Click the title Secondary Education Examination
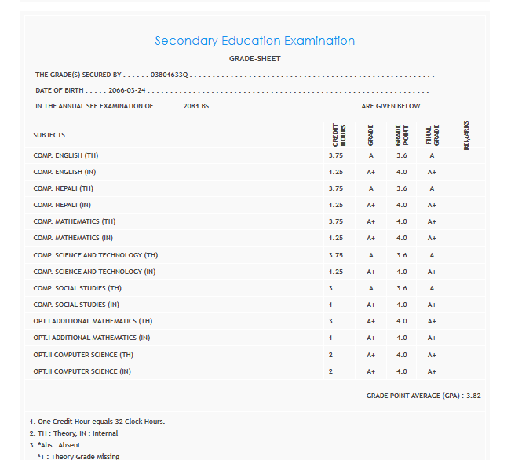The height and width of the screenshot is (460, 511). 254,41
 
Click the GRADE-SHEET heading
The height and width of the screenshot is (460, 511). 254,59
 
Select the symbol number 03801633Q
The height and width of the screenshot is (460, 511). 170,75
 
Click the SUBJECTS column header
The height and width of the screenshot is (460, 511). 49,135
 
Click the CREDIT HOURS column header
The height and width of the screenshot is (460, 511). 336,135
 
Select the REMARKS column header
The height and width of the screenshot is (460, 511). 466,135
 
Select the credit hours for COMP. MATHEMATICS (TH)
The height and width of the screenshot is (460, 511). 336,221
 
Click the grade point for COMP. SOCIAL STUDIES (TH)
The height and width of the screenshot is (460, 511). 402,288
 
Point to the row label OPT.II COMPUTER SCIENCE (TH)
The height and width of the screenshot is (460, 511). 82,355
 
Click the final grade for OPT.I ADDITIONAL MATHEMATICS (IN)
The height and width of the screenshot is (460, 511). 432,338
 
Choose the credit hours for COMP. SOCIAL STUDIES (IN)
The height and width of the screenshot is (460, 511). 331,305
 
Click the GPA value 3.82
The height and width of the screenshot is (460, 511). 473,396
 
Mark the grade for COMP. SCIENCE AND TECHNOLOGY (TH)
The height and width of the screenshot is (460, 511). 371,255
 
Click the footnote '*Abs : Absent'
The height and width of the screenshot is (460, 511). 58,445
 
